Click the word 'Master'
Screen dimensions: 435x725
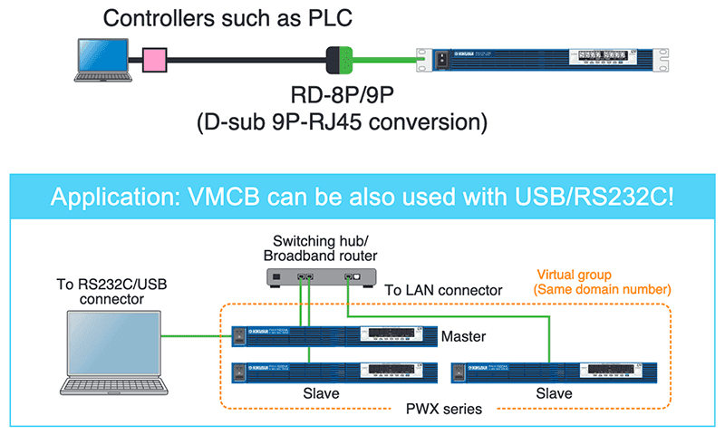coord(465,336)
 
